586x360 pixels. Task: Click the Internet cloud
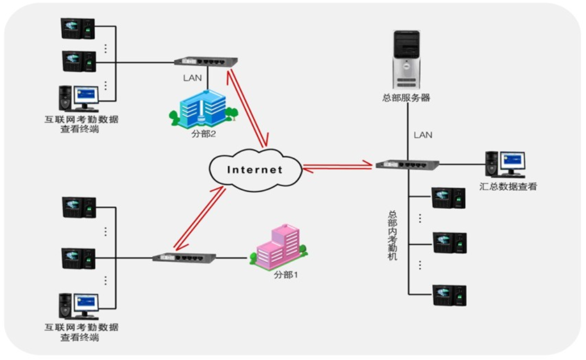click(255, 170)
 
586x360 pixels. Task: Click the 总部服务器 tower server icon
click(406, 59)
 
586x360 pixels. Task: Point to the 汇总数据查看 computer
click(505, 164)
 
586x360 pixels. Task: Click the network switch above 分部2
click(206, 62)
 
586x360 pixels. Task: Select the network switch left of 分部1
click(184, 257)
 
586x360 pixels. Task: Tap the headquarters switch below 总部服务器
click(407, 164)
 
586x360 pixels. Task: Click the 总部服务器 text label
click(406, 98)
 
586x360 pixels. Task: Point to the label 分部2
click(203, 134)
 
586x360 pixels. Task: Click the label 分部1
click(286, 275)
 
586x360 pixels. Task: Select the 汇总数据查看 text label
click(508, 187)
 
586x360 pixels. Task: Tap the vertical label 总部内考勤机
click(393, 235)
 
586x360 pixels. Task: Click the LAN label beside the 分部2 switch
click(192, 78)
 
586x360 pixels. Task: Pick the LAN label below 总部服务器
click(423, 135)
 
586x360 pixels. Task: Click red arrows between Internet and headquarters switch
click(338, 166)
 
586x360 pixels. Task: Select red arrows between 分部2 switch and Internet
click(248, 108)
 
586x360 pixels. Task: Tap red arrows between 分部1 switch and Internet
click(200, 218)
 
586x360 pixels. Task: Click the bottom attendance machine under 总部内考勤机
click(449, 295)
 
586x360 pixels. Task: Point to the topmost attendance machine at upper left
click(78, 29)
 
